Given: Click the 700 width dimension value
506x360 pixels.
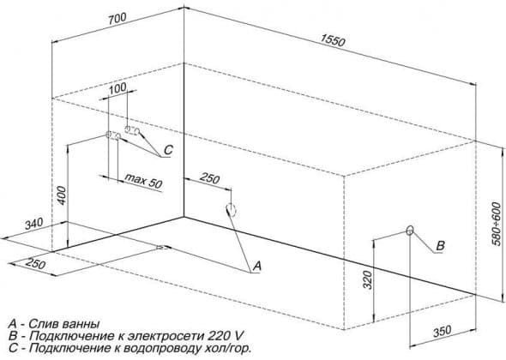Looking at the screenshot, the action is point(117,19).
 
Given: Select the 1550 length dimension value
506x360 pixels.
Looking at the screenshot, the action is point(333,40).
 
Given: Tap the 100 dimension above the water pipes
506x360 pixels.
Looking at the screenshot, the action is point(117,88).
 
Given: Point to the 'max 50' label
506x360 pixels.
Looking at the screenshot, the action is point(143,181).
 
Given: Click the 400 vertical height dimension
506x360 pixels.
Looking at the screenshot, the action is point(62,195).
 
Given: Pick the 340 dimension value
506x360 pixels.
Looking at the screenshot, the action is point(34,224).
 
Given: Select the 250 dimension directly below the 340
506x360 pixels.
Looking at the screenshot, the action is point(35,263).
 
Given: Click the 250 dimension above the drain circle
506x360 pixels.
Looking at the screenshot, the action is point(209,178).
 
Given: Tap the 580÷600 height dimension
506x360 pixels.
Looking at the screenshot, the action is point(497,224).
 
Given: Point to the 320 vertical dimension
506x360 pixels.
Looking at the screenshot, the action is point(368,279).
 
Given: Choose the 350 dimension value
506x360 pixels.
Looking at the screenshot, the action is point(442,332).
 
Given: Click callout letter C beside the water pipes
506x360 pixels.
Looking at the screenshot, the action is point(168,150).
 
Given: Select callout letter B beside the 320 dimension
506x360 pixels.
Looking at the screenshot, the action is point(441,246).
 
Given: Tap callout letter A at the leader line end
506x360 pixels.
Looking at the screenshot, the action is point(257,266).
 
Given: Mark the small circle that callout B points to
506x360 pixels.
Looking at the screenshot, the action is point(410,231).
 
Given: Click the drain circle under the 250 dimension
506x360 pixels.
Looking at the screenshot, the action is point(232,210).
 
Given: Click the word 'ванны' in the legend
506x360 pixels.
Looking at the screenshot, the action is point(80,324).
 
